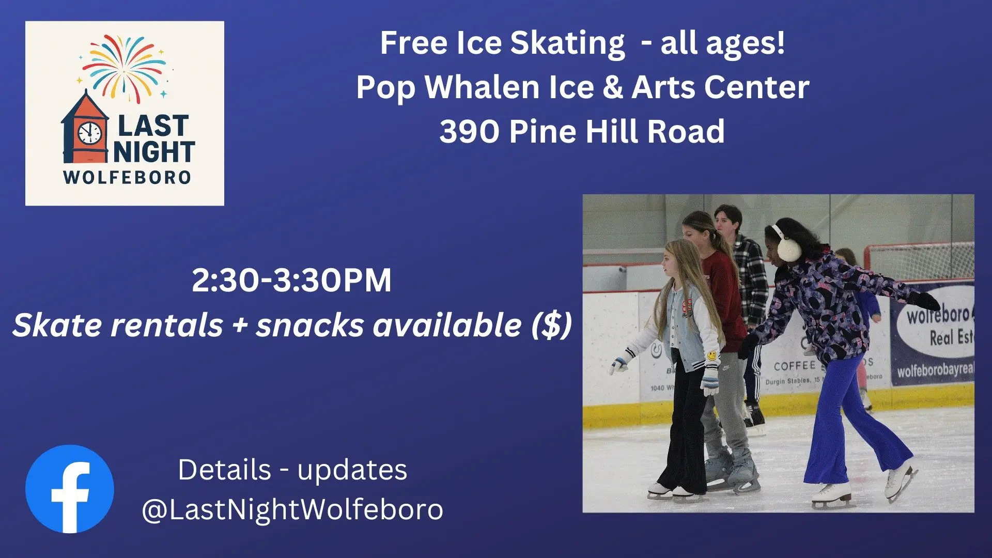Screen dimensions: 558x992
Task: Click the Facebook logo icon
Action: (x=70, y=489)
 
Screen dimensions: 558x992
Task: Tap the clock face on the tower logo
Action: (x=90, y=133)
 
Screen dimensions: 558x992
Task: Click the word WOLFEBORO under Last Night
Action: (x=127, y=177)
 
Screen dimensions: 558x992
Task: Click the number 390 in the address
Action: (x=469, y=132)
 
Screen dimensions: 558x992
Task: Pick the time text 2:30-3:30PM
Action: (x=291, y=281)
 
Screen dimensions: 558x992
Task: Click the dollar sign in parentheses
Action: (x=552, y=326)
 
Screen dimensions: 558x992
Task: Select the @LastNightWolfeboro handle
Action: (x=292, y=509)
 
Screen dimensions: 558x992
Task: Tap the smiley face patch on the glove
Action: (x=712, y=356)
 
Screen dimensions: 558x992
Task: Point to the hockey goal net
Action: (x=920, y=261)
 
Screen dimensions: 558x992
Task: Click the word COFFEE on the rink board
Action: (x=794, y=366)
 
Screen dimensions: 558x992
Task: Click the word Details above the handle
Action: (x=224, y=470)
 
